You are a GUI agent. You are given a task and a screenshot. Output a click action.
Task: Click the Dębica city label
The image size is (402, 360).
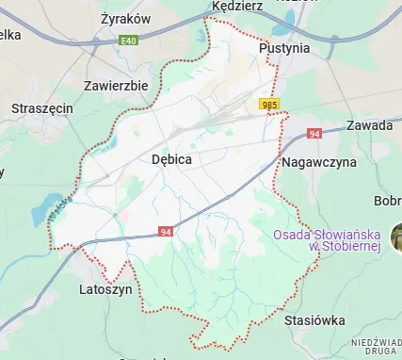(x=171, y=160)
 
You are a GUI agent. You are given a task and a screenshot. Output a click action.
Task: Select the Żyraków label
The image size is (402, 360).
(x=125, y=18)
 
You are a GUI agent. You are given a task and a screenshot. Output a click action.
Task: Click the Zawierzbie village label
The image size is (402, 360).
(x=116, y=85)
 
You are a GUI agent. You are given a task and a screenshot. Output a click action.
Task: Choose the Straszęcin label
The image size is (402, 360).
(x=41, y=108)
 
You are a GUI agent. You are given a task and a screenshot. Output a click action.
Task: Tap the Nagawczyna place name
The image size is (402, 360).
(x=319, y=163)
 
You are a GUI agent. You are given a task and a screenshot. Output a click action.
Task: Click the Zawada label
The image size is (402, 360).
(x=369, y=125)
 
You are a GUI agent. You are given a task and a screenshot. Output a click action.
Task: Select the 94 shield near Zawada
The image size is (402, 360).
(x=314, y=136)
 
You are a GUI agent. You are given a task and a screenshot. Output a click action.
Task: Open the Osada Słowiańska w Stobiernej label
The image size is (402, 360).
(x=338, y=240)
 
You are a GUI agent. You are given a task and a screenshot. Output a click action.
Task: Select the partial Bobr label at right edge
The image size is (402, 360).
(x=388, y=201)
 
